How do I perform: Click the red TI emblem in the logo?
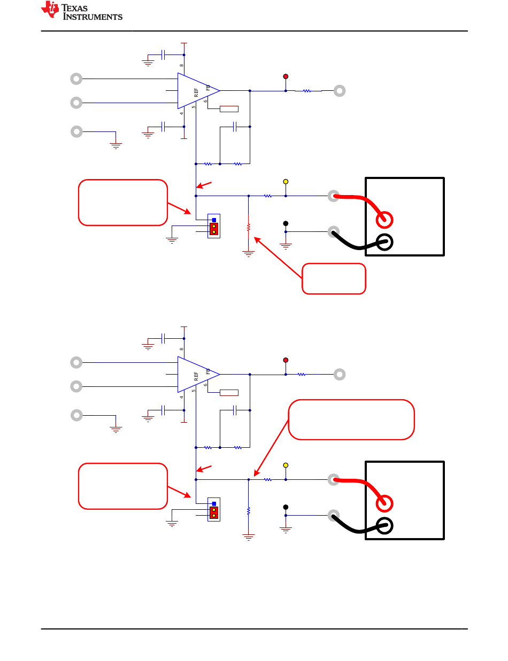coord(50,9)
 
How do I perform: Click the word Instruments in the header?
coord(93,17)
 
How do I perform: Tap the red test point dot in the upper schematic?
coord(285,76)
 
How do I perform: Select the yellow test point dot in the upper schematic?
coord(285,181)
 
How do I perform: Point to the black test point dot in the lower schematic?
coord(285,507)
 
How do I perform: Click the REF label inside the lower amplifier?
coord(196,376)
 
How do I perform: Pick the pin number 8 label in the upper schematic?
coord(181,65)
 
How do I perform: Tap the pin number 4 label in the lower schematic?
coord(181,397)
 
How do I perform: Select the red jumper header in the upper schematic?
coord(214,229)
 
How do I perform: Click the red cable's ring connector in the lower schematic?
coord(384,503)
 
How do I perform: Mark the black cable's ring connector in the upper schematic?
coord(384,242)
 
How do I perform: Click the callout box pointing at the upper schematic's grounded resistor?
coord(334,278)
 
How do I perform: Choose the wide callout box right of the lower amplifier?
coord(351,419)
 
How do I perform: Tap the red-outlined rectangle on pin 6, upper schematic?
coord(229,109)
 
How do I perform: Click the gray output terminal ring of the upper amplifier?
coord(340,91)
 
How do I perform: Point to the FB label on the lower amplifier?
coord(208,371)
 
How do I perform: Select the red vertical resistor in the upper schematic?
coord(248,227)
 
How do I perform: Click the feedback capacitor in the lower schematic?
coord(234,410)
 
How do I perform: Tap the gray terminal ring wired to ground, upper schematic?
coord(76,131)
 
